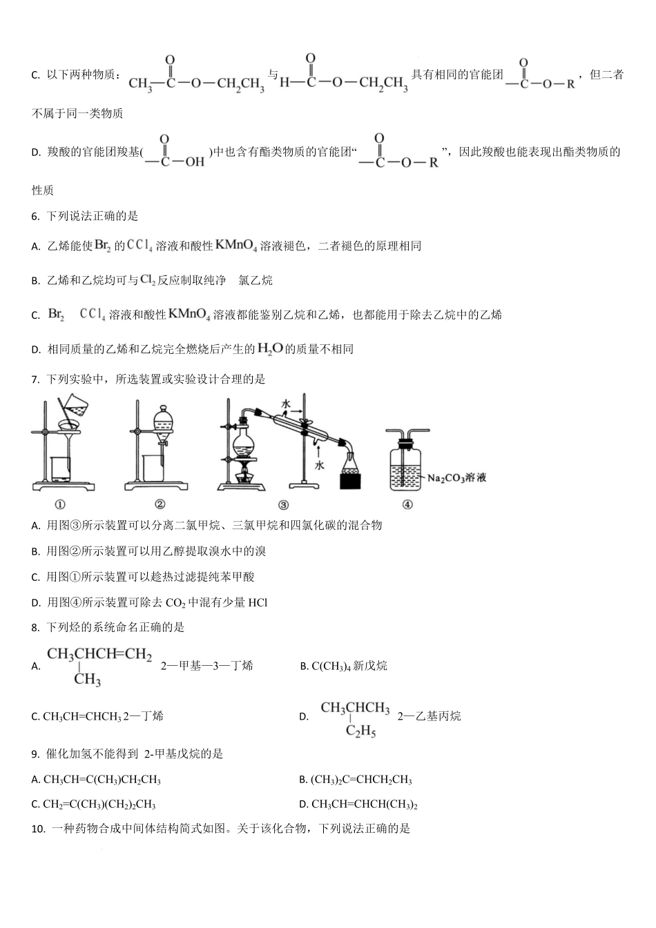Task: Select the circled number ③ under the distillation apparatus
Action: pos(282,504)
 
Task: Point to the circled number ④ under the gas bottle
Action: pos(407,504)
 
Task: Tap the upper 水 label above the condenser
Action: pos(285,403)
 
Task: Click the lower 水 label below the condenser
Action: pos(319,466)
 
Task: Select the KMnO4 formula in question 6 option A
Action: pos(236,246)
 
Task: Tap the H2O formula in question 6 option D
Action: pos(270,349)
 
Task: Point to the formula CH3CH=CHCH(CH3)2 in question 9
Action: pos(364,804)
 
